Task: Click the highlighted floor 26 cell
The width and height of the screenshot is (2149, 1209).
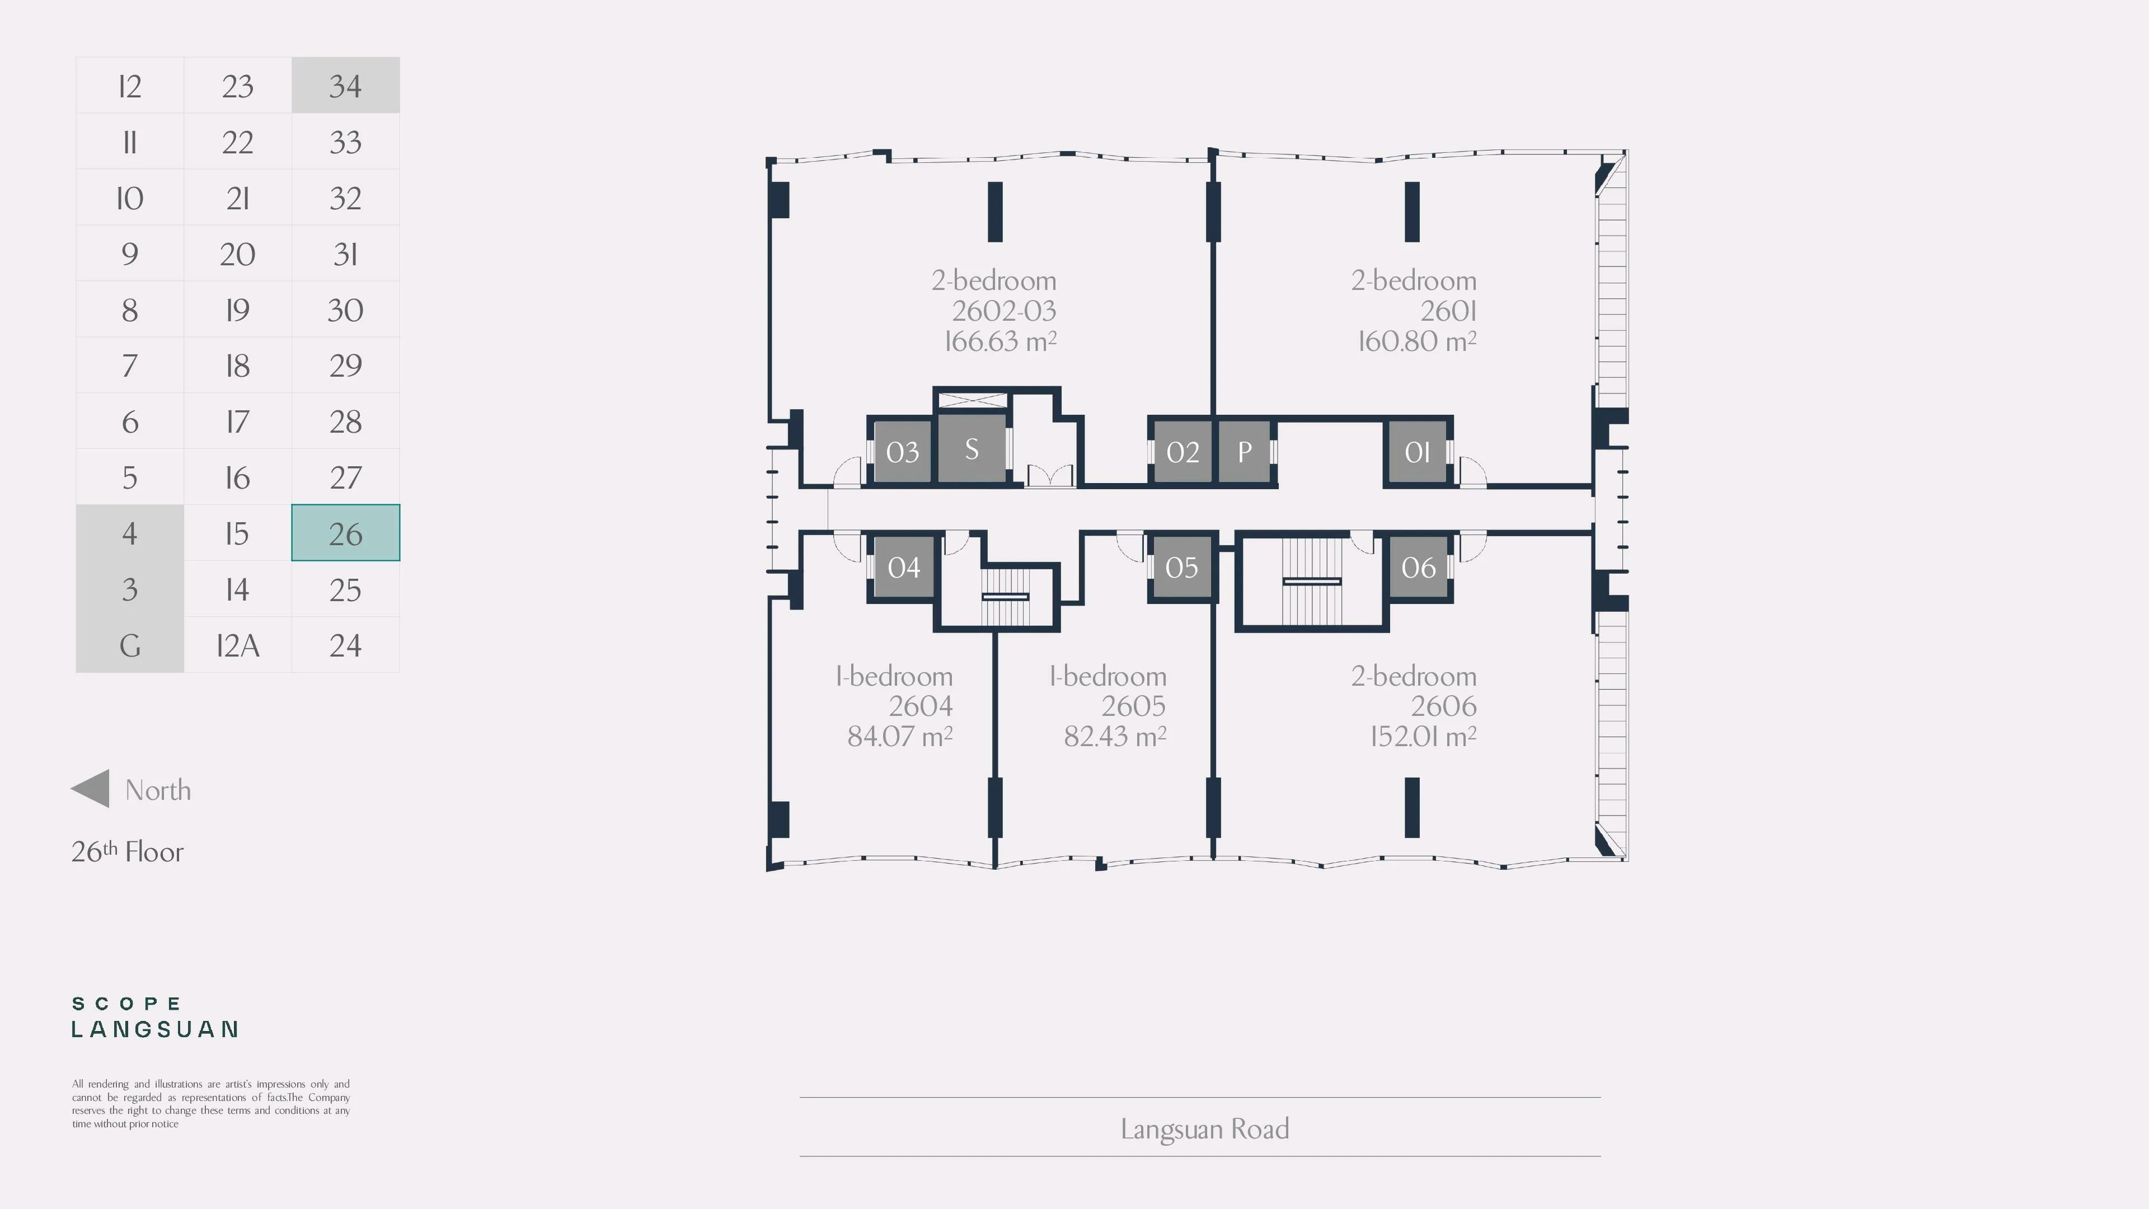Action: (345, 532)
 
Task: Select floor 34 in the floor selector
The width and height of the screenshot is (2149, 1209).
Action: (345, 85)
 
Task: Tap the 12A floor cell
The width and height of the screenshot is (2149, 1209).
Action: (238, 645)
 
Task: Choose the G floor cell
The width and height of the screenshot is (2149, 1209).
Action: (129, 645)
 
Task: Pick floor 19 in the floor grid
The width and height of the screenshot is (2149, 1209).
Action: (238, 310)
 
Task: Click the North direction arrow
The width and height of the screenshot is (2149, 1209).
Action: (90, 789)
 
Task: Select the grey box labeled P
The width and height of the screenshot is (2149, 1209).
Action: (1244, 451)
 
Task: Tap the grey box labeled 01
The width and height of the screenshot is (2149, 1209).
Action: (1418, 451)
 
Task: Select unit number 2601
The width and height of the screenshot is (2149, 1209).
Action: (1448, 311)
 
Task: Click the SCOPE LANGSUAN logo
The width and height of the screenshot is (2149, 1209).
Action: (155, 1017)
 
